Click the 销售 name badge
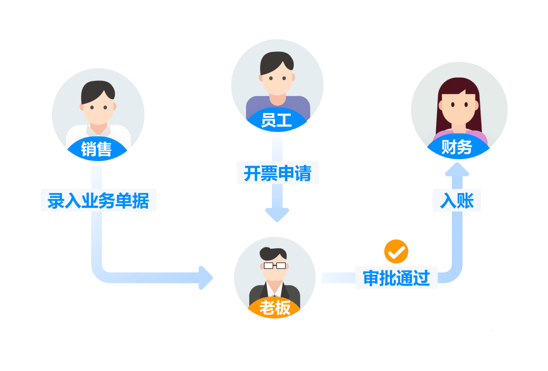tap(97, 149)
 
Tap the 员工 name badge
tap(277, 121)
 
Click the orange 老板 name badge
tap(275, 308)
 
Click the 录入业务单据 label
tap(98, 200)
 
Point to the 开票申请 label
tap(277, 173)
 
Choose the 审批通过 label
tap(396, 278)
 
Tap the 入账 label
tap(457, 200)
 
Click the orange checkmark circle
tap(396, 252)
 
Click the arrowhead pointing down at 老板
tap(277, 215)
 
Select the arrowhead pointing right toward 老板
tap(206, 278)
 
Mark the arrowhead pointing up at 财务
tap(457, 169)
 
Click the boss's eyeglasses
tap(275, 266)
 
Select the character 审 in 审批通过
tap(371, 278)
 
